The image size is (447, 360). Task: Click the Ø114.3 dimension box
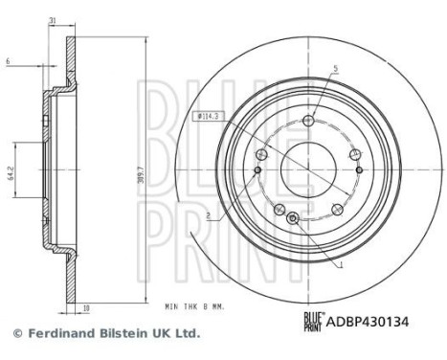click(x=206, y=117)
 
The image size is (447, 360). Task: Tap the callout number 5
click(x=336, y=68)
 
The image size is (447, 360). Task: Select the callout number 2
click(x=207, y=216)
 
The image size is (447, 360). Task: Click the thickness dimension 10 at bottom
click(x=85, y=308)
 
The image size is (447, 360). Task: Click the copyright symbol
click(x=16, y=333)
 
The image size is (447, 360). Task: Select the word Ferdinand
click(x=58, y=333)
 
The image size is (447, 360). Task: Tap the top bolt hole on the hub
click(x=307, y=121)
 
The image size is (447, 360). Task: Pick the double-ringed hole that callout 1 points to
click(x=294, y=219)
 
